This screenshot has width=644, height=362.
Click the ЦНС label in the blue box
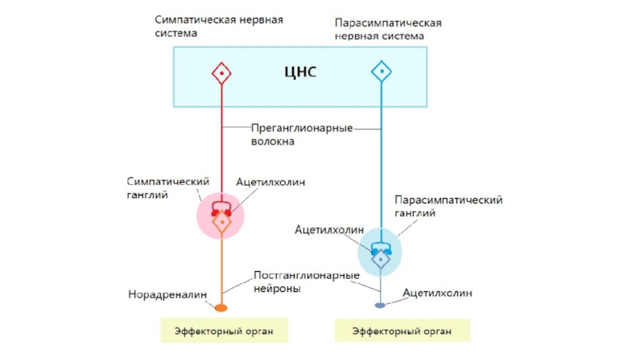pos(300,72)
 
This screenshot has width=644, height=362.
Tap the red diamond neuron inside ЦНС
pos(221,73)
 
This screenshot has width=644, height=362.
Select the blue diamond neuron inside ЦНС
pos(382,72)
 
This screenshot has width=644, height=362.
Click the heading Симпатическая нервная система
pos(218,26)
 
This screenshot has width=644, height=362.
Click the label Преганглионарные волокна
pos(301,134)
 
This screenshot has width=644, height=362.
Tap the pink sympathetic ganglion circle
pos(221,216)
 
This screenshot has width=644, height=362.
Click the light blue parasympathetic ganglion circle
pos(380,253)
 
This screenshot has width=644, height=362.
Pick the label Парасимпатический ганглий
pos(448,207)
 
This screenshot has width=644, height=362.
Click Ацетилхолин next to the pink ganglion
pos(270,182)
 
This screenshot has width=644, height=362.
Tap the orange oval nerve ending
pos(221,307)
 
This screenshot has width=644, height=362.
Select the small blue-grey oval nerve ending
pos(381,306)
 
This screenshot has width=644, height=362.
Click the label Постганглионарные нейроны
pos(306,282)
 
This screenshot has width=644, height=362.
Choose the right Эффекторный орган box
pos(402,331)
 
